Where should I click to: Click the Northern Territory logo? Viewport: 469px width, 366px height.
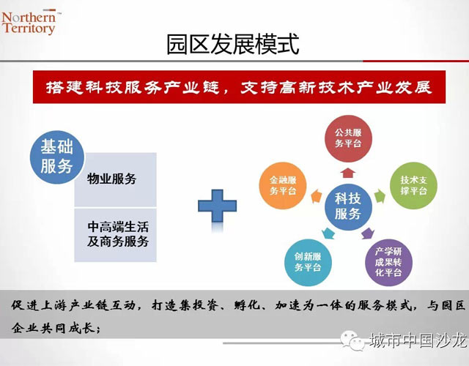point(29,23)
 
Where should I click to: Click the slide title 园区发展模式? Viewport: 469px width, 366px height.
point(233,45)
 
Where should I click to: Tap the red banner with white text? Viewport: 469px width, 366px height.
point(239,87)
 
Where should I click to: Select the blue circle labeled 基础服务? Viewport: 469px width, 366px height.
point(57,157)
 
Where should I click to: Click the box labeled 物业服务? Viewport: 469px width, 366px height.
point(116,179)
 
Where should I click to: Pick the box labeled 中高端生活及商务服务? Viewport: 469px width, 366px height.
point(116,235)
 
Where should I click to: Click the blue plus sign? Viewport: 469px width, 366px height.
point(218,206)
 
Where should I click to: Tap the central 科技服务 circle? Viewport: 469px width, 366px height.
point(348,206)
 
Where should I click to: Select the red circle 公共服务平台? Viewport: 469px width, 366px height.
point(348,138)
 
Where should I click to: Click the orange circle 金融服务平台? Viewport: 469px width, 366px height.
point(283,185)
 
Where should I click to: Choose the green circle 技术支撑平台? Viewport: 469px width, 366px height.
point(413,185)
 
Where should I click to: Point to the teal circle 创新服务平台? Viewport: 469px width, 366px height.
point(308,262)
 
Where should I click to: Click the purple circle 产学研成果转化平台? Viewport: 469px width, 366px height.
point(388,262)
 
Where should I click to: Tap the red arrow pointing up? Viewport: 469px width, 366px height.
point(348,173)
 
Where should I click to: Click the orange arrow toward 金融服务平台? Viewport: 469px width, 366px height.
point(317,196)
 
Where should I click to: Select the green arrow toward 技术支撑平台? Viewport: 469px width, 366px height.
point(380,196)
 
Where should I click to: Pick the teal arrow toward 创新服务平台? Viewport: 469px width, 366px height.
point(328,233)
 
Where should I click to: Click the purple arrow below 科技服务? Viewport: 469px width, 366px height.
point(368,233)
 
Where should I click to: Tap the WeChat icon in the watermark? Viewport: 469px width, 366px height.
point(352,340)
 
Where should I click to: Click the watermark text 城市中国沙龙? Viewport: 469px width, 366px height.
point(418,340)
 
